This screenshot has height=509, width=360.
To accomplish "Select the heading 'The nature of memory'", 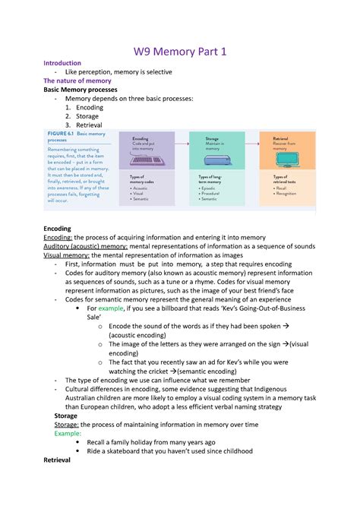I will coord(77,81).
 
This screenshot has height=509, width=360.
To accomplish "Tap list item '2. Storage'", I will coord(84,117).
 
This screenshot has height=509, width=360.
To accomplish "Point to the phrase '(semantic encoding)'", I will coord(210,371).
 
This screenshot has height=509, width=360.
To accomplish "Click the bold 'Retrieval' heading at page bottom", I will coord(57,460).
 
